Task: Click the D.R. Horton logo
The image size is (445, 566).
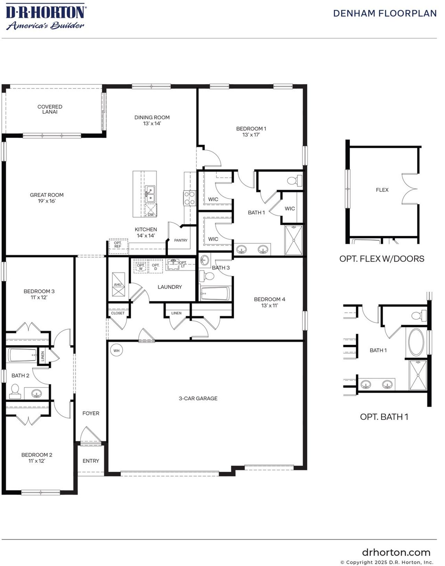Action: coord(45,16)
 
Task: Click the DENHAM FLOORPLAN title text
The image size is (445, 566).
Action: coord(385,14)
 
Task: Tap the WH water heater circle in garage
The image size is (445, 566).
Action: coord(116,350)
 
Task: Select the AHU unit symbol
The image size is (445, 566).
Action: coord(118,284)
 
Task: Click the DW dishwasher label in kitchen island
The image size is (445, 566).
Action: coord(151,215)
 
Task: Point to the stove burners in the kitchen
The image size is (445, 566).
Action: coord(189,198)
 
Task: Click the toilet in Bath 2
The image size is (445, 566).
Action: coord(15,391)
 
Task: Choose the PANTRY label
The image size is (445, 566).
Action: coord(181,240)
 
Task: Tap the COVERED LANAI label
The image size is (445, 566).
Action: coord(50,109)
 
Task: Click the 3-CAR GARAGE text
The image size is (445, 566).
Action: coord(198,398)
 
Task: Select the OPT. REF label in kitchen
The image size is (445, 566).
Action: coord(118,245)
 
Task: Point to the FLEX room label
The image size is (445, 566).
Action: coord(382,190)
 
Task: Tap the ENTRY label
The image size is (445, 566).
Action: coord(91,461)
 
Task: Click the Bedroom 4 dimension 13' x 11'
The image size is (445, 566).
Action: coord(269,305)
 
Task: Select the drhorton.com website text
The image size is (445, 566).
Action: coord(396,552)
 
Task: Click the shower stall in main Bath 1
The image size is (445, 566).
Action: coord(293,240)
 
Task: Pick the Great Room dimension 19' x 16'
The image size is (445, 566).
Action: coord(47,201)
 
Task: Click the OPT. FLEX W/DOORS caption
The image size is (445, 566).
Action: coord(382,259)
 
